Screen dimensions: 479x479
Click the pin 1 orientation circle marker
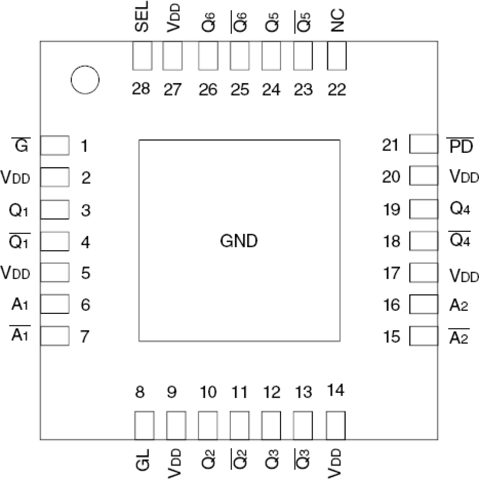click(x=85, y=79)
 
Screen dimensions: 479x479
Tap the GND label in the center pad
click(x=239, y=241)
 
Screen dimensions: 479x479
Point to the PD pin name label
click(x=461, y=146)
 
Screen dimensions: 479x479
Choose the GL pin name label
click(x=142, y=460)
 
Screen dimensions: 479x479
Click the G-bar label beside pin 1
click(x=21, y=145)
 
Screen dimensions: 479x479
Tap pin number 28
click(x=141, y=89)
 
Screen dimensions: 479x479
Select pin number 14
click(x=336, y=391)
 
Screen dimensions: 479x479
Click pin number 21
click(x=391, y=145)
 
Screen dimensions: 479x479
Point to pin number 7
click(x=85, y=336)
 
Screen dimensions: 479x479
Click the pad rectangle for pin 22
click(x=337, y=56)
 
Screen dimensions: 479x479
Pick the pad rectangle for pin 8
click(x=145, y=425)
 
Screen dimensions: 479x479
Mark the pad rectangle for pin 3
click(x=55, y=209)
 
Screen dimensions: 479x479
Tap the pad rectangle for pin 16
click(x=424, y=304)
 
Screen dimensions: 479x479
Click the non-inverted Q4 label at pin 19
click(x=460, y=209)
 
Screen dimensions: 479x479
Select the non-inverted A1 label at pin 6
click(x=20, y=304)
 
